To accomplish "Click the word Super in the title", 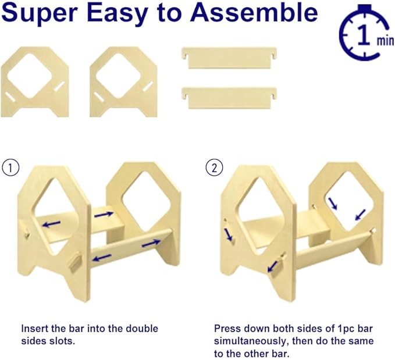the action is [40, 13].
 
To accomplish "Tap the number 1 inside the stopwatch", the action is [364, 35].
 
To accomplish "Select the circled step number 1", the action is [10, 167].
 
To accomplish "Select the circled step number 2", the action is [214, 167].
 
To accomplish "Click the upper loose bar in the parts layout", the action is [229, 58].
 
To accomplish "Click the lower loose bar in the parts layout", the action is [229, 98].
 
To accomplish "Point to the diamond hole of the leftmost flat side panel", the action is [30, 75].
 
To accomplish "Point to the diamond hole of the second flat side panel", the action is [119, 75].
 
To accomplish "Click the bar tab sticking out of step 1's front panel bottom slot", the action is [75, 262].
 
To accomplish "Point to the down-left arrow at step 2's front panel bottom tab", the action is [272, 266].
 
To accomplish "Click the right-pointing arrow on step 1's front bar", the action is [151, 243].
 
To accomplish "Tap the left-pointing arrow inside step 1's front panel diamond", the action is [51, 224].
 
